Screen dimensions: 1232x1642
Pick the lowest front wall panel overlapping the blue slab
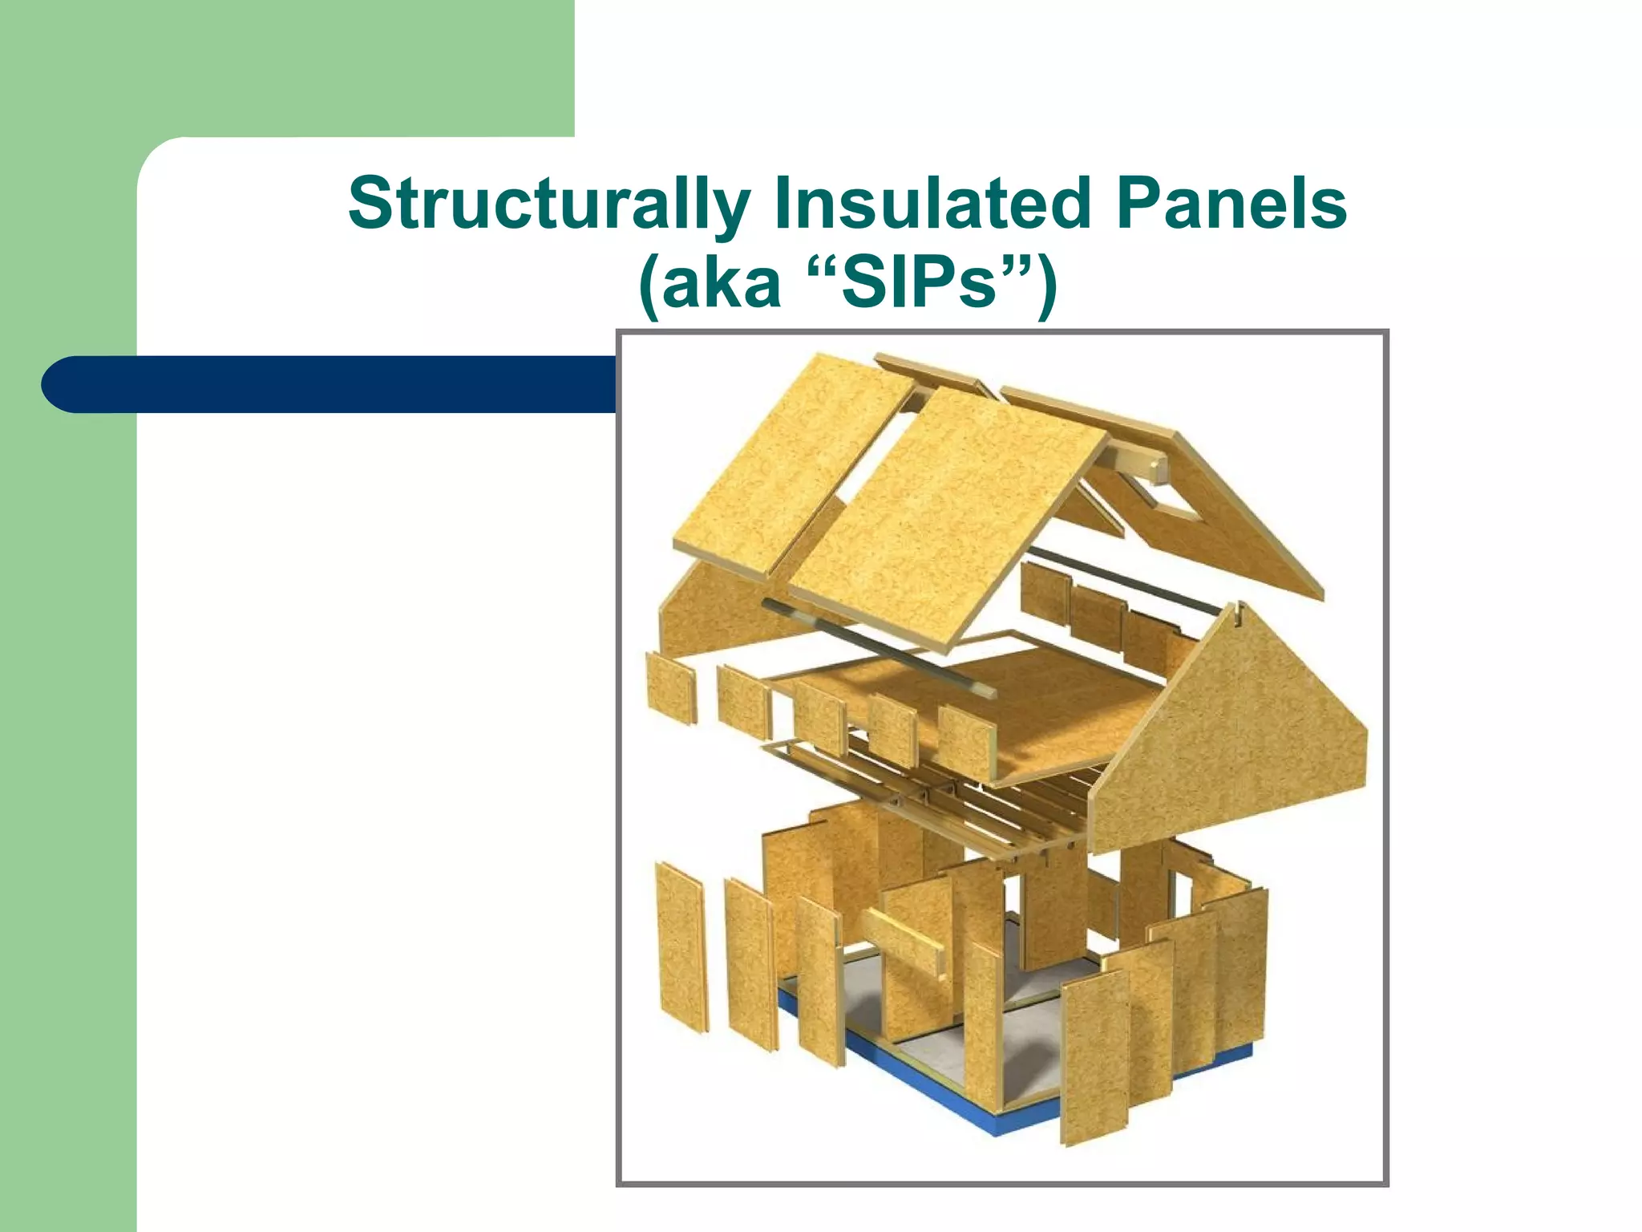tap(1094, 1059)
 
